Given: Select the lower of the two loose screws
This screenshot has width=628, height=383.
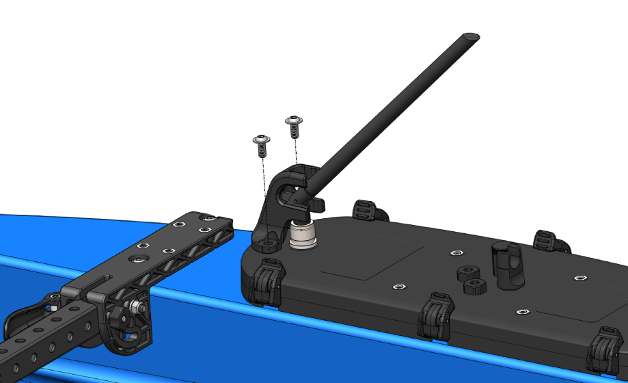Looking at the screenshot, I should coord(261,143).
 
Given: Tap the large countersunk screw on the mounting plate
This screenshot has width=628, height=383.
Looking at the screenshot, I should coord(139,259).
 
